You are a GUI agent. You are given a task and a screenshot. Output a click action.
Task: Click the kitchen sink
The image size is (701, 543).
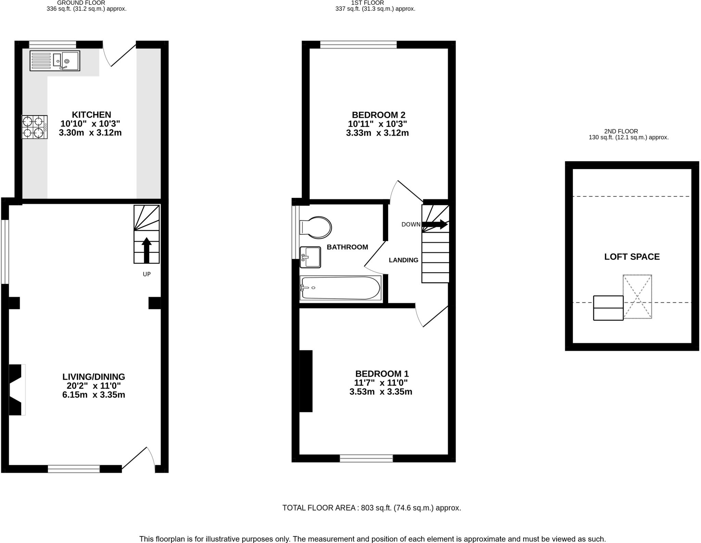(x=55, y=61)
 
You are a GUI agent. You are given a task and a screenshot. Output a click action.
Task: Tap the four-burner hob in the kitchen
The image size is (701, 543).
(x=34, y=127)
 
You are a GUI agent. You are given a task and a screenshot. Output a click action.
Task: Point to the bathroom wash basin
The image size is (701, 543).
(x=310, y=257)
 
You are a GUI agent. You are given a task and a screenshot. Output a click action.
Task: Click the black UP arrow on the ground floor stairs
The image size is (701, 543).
(x=146, y=250)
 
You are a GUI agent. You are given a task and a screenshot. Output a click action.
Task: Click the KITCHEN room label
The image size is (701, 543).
(x=91, y=115)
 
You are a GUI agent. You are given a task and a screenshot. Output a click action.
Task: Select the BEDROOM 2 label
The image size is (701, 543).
(x=378, y=115)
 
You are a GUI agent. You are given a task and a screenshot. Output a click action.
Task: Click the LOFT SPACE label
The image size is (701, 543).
(x=632, y=257)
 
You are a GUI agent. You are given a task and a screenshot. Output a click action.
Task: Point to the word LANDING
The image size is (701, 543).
(x=403, y=260)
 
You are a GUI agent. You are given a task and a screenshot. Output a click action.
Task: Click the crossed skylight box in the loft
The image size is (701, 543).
(x=637, y=296)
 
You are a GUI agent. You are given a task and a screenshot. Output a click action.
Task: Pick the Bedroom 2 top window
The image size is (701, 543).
(x=358, y=45)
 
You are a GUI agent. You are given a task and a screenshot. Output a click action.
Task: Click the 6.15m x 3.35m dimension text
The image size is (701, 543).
(x=93, y=395)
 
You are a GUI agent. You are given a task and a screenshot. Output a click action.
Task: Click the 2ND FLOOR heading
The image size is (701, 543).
(x=621, y=131)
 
